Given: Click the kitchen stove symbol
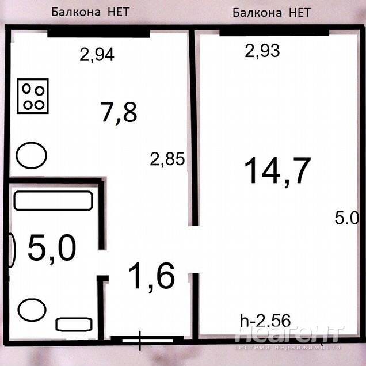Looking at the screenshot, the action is coord(33,96).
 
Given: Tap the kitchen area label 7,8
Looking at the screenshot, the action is coord(119,113).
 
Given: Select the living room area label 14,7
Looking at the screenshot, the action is coord(277,171).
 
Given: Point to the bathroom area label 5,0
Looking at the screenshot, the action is coord(52,248).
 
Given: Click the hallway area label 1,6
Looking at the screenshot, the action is coord(151,276).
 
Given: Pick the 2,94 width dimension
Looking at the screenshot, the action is coord(97,55).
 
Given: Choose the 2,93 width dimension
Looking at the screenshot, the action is coord(262,51).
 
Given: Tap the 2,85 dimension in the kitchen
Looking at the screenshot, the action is coord(167,159).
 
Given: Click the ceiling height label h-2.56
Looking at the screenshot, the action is coord(265,320).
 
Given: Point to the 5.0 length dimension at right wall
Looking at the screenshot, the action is coord(346,218).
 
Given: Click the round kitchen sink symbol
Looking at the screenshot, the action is coord(31,155).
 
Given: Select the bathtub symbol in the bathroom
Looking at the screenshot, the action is coord(53,200).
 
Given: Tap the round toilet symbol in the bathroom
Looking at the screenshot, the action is coord(32,310).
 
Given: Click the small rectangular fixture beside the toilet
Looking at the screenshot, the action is coord(74,325).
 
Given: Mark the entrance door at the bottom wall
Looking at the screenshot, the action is coord(147,341).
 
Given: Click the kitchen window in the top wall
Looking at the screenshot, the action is coord(98,33).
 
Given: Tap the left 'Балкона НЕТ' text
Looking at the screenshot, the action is coord(90,12).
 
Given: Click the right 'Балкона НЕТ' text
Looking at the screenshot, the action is coord(272,12).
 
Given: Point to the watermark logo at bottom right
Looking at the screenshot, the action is coord(288,338).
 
